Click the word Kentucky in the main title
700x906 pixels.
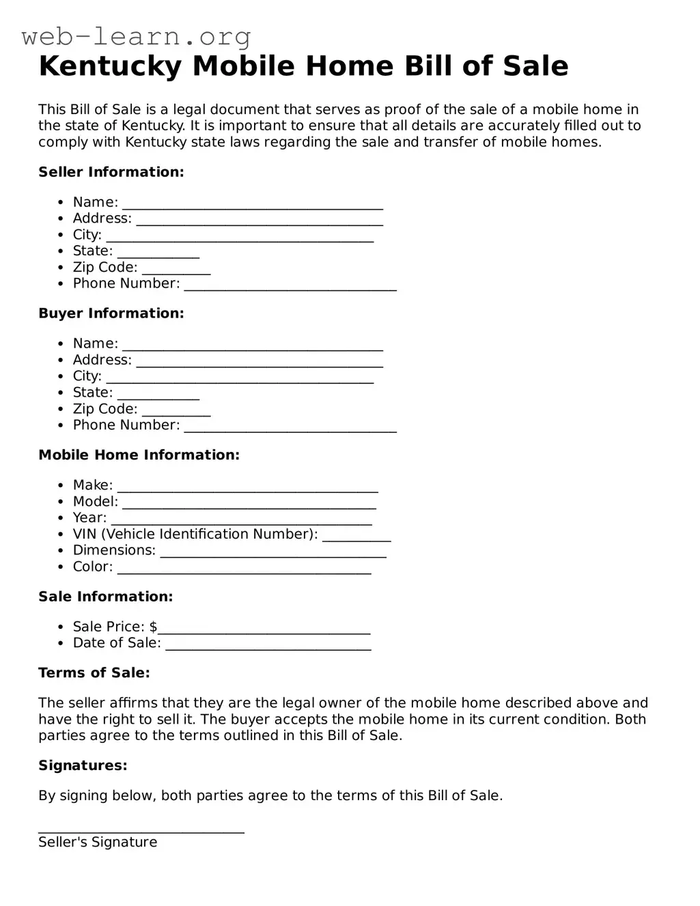tap(110, 66)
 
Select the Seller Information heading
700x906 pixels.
tap(111, 172)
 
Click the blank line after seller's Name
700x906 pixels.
tap(253, 204)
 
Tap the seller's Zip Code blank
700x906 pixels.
tap(176, 270)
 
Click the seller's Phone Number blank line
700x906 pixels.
tap(290, 286)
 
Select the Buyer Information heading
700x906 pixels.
tap(111, 313)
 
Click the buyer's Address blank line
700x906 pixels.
tap(260, 363)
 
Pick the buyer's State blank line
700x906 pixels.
tap(158, 395)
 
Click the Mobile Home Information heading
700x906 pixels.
tap(139, 455)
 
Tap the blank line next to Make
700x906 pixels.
tap(247, 487)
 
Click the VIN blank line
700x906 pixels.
tap(356, 537)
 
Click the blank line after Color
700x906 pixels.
tap(244, 569)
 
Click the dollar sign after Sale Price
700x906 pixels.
tap(154, 627)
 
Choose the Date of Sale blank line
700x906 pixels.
tap(268, 646)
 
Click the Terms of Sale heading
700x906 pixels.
tap(94, 673)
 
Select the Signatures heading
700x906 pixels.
tap(83, 765)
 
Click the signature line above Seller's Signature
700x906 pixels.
tap(141, 830)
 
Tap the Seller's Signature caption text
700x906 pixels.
tap(98, 843)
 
